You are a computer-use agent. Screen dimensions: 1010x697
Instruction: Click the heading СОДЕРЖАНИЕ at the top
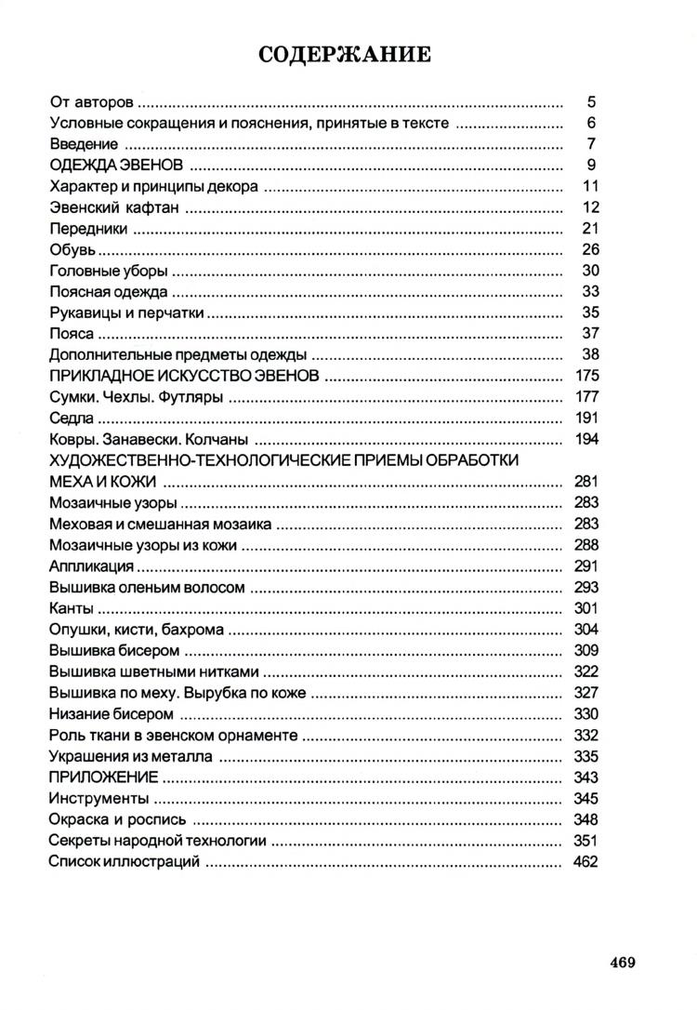[345, 56]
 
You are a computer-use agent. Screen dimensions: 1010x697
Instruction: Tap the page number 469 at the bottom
[622, 963]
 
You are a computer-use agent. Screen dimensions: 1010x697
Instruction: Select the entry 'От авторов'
[91, 102]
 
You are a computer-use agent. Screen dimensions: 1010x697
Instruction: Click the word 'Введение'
[83, 145]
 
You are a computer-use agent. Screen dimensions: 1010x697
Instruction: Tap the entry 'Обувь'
[72, 250]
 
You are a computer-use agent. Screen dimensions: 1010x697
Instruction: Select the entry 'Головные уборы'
[108, 272]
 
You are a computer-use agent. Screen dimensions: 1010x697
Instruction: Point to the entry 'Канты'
[70, 608]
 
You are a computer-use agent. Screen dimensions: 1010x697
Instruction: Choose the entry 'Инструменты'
[98, 799]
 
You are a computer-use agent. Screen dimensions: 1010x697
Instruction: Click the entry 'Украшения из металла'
[129, 756]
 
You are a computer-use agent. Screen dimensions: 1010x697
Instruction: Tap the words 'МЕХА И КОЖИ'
[101, 482]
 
